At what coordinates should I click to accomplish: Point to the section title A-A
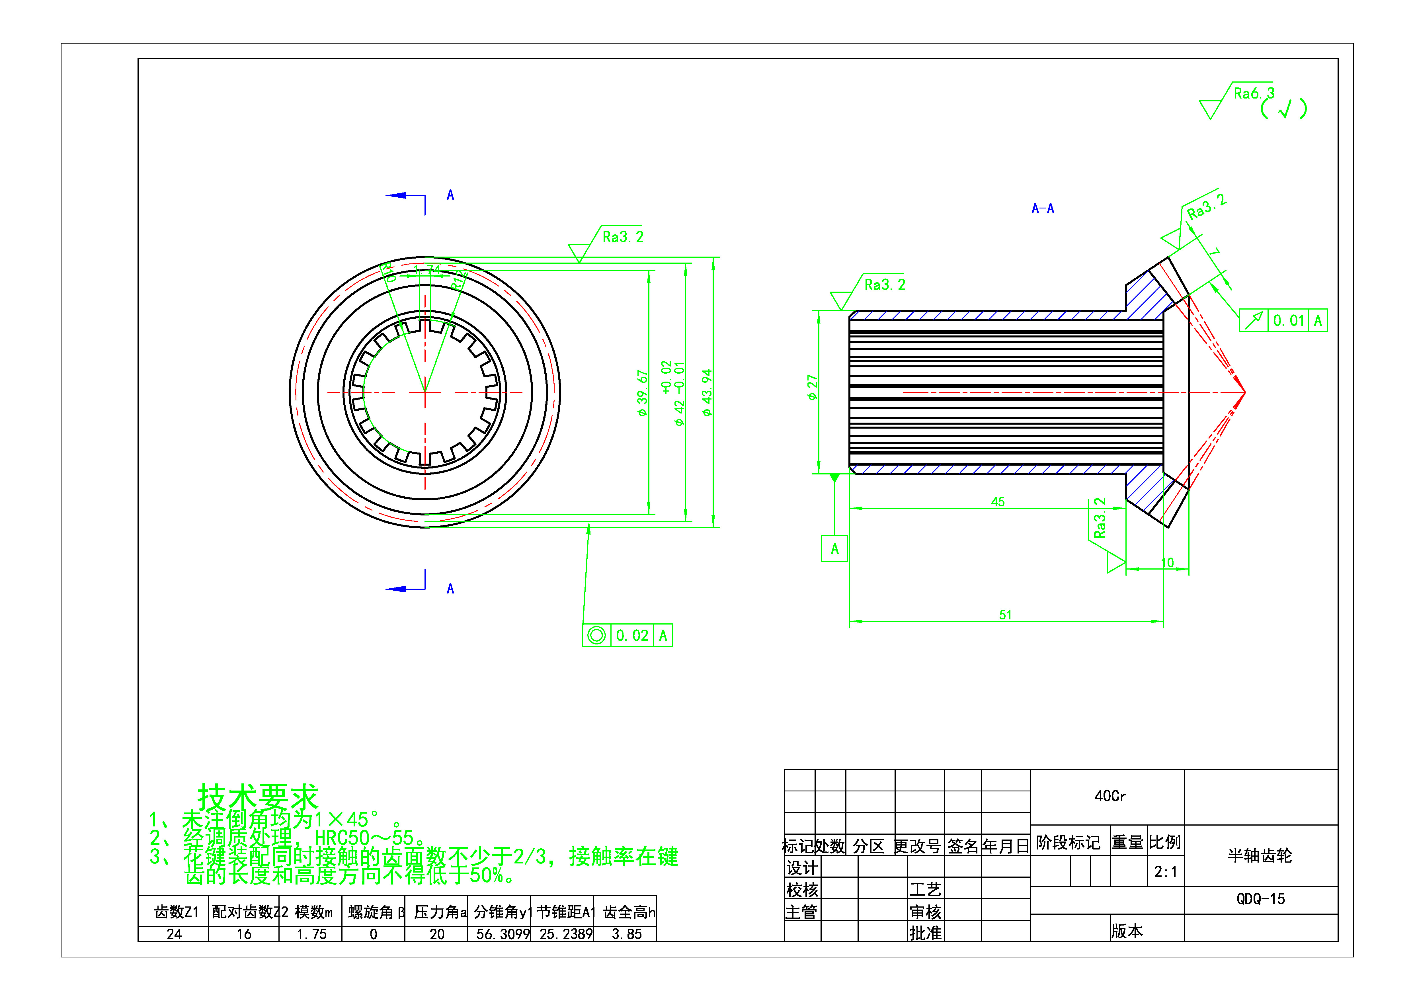click(x=1043, y=209)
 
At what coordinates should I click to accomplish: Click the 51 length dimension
click(x=1005, y=615)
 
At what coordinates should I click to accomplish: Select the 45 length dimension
click(x=998, y=502)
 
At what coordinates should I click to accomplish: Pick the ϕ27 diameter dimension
click(x=812, y=388)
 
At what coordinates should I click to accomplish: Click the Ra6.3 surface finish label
click(x=1254, y=94)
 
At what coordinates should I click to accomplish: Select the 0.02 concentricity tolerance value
click(x=632, y=635)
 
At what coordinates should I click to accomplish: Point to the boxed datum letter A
click(x=834, y=548)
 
